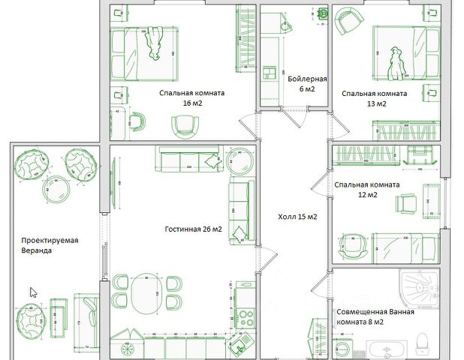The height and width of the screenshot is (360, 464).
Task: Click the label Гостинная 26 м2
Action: click(193, 227)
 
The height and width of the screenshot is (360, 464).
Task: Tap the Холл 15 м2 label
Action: click(291, 217)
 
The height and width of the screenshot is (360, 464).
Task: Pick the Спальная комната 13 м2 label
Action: click(374, 98)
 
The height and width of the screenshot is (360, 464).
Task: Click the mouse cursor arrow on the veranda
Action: click(32, 292)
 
